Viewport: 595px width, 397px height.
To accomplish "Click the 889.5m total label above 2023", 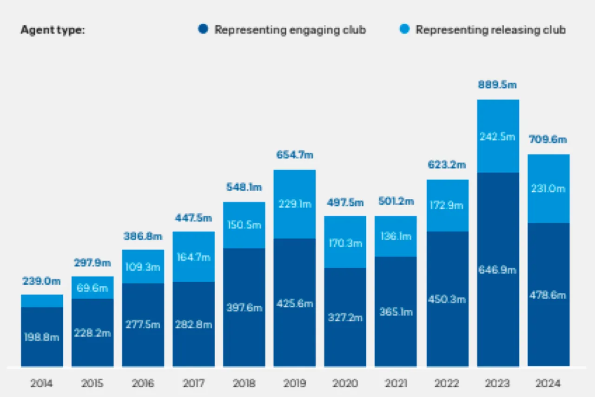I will click(498, 85).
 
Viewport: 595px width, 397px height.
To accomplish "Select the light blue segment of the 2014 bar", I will click(42, 301).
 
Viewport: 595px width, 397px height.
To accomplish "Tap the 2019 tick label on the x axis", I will click(295, 384).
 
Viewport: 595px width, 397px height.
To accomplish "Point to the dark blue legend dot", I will click(202, 30).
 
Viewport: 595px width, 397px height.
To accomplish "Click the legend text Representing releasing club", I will click(490, 30).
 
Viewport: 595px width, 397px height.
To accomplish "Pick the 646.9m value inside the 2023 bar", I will click(498, 269).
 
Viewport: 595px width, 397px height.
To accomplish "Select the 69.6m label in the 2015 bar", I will click(93, 288).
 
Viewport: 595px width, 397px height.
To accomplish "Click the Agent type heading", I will click(53, 30).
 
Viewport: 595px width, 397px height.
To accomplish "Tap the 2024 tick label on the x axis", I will click(549, 384).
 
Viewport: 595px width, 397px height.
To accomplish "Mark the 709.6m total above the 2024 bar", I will click(549, 140).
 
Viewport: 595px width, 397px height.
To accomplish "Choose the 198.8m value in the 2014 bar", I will click(42, 337).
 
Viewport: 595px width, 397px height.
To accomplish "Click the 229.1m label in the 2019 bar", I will click(295, 204).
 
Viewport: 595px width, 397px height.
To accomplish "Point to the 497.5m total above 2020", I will click(345, 202).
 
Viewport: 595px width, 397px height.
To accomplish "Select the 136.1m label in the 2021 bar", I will click(396, 236).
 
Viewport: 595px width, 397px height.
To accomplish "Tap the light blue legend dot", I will click(405, 30).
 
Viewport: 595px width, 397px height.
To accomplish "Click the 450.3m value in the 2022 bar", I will click(447, 299).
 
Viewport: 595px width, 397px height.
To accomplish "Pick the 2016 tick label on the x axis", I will click(143, 384).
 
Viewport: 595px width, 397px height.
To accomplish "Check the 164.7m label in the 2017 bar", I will click(193, 256).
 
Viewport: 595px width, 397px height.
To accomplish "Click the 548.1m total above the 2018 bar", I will click(244, 188).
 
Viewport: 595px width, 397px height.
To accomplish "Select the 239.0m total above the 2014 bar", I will click(42, 281).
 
